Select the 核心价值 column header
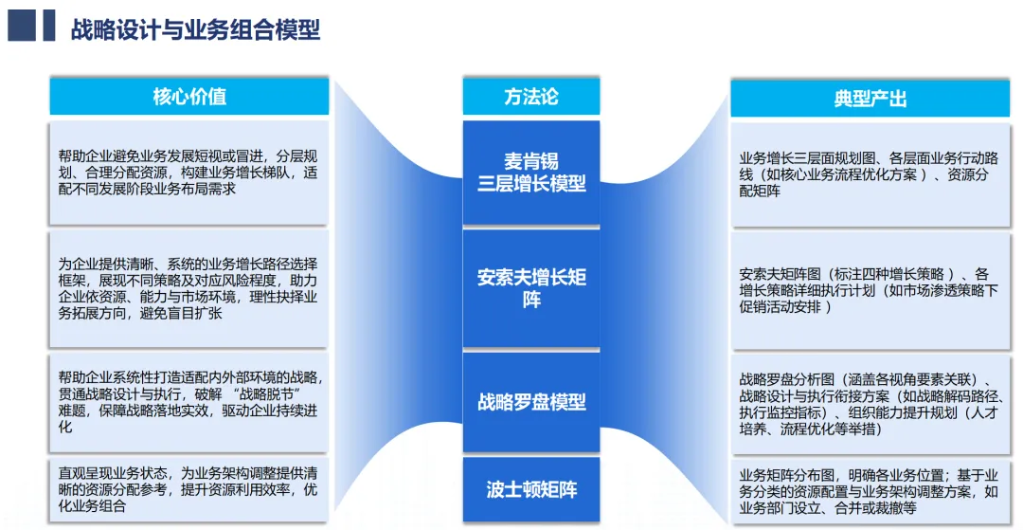pos(189,97)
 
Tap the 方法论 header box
pos(530,97)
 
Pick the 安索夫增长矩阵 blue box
pos(530,288)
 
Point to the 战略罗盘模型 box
pos(530,402)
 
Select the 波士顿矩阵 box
pos(530,489)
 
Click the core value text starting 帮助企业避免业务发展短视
pos(189,172)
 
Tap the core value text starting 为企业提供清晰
pos(189,287)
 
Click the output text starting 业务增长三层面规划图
pos(870,174)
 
